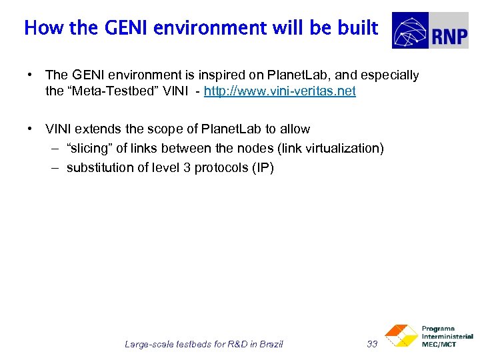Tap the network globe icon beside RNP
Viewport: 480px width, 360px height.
[x=410, y=31]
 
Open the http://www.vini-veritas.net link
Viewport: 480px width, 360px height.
[x=280, y=91]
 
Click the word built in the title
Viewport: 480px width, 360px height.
[x=359, y=28]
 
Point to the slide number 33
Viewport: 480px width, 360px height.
[x=372, y=344]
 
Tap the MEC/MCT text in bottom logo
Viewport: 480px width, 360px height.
[x=439, y=344]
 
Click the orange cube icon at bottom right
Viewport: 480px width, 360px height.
[x=399, y=335]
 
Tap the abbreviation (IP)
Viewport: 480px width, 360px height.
[x=263, y=167]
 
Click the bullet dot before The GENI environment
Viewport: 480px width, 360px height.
[x=31, y=75]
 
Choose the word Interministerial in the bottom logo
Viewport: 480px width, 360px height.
[x=447, y=337]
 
